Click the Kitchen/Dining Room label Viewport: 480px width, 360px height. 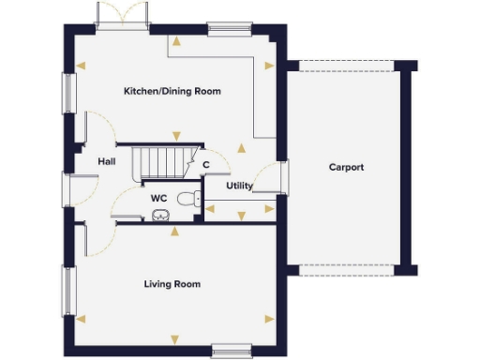(x=171, y=91)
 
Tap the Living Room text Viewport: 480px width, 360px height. (x=172, y=283)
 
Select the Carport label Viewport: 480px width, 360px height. (x=346, y=168)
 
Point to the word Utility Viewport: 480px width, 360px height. (x=239, y=186)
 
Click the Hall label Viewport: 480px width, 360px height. (x=106, y=161)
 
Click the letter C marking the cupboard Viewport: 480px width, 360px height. (x=205, y=166)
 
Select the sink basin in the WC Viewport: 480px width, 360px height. (x=160, y=216)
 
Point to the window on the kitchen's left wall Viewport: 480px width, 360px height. (x=68, y=92)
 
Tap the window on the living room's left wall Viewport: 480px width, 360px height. (x=67, y=291)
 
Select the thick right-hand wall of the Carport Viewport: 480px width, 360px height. (x=406, y=169)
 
